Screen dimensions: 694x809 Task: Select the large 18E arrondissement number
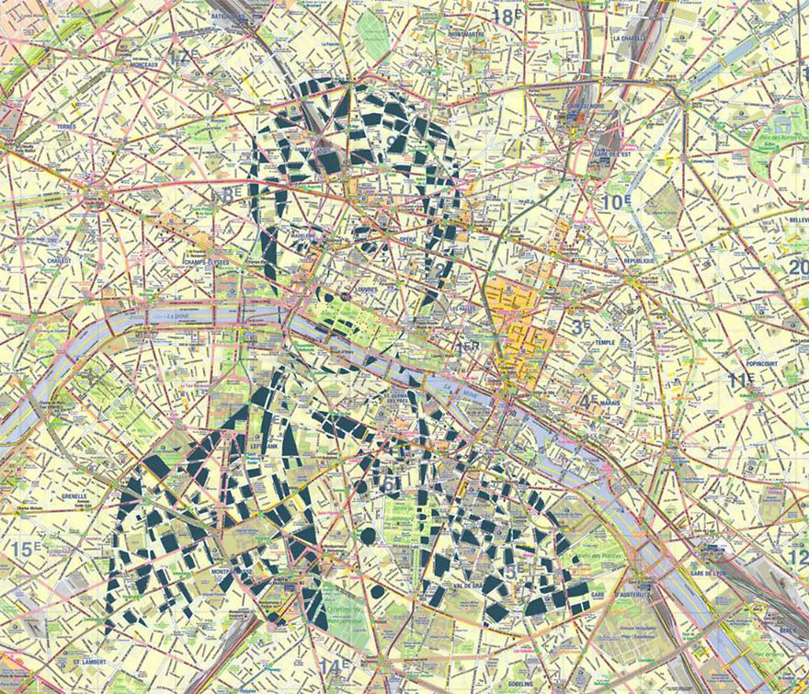coord(505,16)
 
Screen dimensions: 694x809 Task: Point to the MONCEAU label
coord(132,65)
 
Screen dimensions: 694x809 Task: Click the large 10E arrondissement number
coord(614,202)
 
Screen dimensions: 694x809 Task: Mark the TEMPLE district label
coord(604,342)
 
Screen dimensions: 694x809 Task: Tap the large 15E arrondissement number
coord(26,551)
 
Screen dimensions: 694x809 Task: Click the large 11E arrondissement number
coord(741,379)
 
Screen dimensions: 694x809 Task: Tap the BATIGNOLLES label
coord(232,17)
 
